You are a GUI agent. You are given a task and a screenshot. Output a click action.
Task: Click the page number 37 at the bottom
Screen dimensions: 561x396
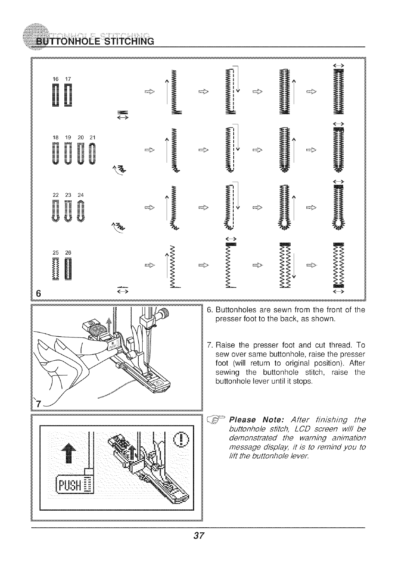click(199, 536)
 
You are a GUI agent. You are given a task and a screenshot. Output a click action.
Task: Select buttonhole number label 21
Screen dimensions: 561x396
click(92, 137)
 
